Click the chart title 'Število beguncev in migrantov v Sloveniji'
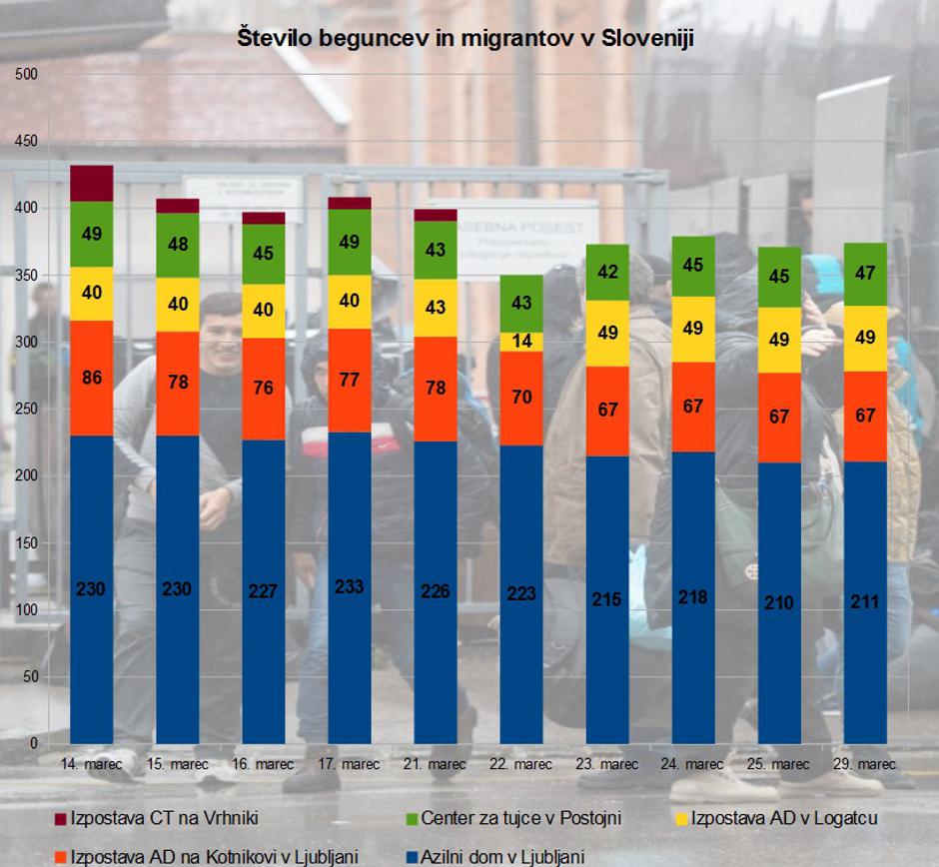click(x=466, y=39)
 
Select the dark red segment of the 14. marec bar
click(x=91, y=184)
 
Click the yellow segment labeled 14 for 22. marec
click(x=521, y=342)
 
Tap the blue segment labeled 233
click(x=349, y=587)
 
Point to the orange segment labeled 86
click(x=91, y=378)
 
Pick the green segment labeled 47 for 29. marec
click(x=865, y=274)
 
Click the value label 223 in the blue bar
click(x=521, y=594)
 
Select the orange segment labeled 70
click(x=521, y=398)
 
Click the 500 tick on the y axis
click(x=26, y=75)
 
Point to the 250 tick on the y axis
click(x=26, y=410)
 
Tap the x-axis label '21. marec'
click(x=435, y=764)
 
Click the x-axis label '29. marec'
click(x=865, y=764)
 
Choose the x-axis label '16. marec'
click(x=263, y=764)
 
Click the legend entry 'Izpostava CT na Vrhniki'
click(x=165, y=818)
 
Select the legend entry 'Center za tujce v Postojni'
click(x=520, y=818)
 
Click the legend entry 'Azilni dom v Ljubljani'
click(x=501, y=856)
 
